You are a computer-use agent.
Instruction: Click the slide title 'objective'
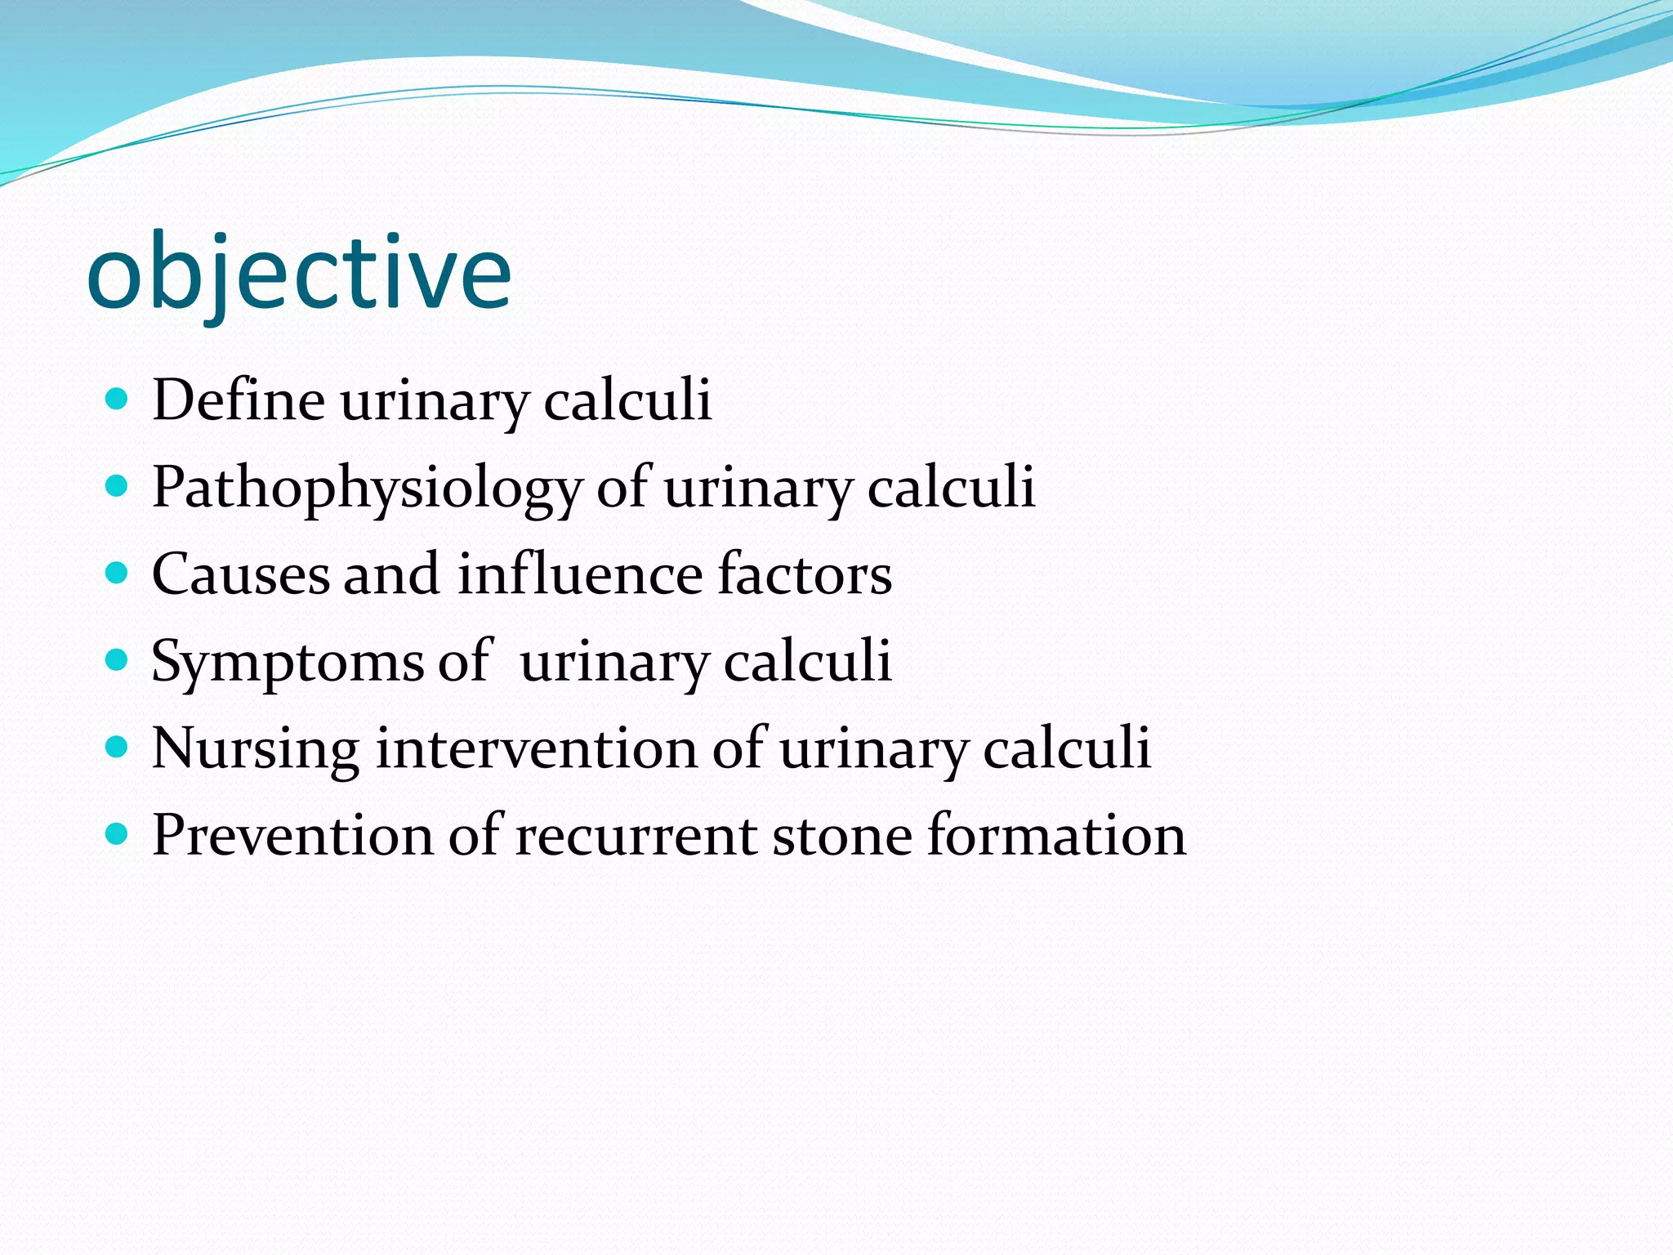[x=299, y=274]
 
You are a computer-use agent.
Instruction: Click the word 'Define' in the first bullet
[x=239, y=400]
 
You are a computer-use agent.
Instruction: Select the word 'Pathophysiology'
[x=366, y=488]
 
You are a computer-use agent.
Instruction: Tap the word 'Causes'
[x=241, y=574]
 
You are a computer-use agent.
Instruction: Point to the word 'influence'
[x=579, y=574]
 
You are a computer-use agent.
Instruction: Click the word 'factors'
[x=805, y=574]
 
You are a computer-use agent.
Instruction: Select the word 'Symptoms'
[x=288, y=662]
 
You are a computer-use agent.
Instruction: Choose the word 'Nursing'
[x=255, y=748]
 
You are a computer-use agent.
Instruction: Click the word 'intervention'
[x=536, y=748]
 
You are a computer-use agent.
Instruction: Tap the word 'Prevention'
[x=292, y=836]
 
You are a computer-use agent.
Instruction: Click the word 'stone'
[x=841, y=836]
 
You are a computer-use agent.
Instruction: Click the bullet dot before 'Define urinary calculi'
[x=118, y=400]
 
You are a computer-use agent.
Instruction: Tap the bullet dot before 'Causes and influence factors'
[x=118, y=573]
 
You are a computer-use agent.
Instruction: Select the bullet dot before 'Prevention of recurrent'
[x=118, y=834]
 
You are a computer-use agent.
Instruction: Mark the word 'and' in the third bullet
[x=391, y=574]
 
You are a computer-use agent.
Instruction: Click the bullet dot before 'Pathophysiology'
[x=118, y=486]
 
